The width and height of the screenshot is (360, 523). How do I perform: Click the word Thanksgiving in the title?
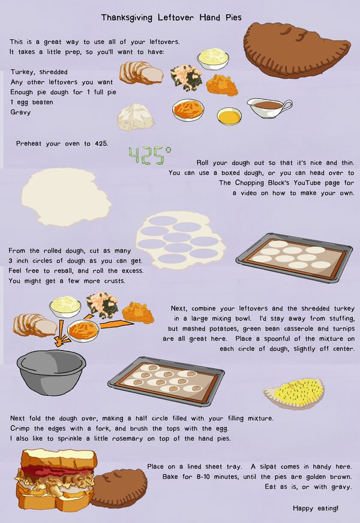[127, 17]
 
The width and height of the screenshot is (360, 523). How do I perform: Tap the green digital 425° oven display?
[150, 155]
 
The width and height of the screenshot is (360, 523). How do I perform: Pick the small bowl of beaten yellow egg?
[229, 116]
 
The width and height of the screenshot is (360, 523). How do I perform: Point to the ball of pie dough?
[136, 117]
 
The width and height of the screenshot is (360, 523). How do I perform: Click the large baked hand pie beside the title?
[296, 50]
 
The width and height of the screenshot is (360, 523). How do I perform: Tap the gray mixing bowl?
[52, 372]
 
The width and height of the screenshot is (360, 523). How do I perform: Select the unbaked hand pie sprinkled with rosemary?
[294, 393]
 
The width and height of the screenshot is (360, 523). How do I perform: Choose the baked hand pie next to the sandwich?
[120, 488]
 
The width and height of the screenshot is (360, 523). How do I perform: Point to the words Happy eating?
[315, 509]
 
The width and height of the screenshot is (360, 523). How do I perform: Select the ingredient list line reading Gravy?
[20, 112]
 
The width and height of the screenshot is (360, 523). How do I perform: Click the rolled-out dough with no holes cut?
[66, 197]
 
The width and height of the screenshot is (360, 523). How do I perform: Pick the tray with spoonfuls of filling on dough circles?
[166, 381]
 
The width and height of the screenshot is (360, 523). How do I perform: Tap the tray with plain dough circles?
[294, 257]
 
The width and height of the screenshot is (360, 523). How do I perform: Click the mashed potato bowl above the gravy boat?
[213, 58]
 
